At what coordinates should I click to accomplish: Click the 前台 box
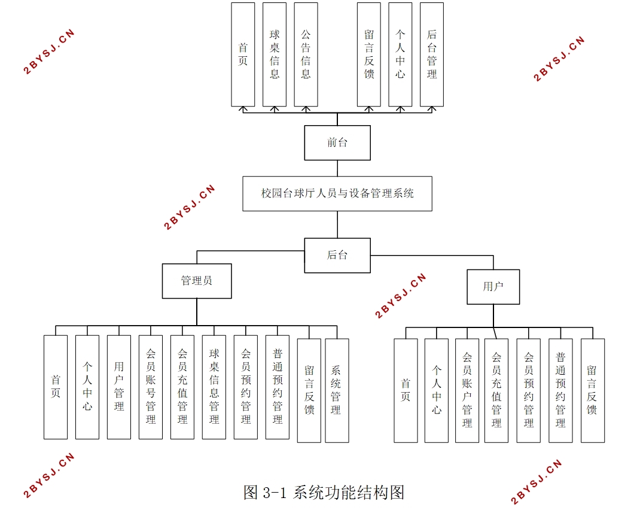click(x=337, y=142)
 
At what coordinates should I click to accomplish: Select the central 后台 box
click(x=337, y=255)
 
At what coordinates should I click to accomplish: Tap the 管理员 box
click(x=197, y=281)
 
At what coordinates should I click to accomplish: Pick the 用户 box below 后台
click(x=493, y=287)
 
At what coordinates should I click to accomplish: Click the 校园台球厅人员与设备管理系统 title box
click(x=337, y=193)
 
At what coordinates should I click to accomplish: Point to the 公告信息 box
click(x=306, y=54)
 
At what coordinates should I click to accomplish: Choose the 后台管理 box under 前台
click(x=432, y=54)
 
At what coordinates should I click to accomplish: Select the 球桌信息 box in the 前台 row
click(x=275, y=54)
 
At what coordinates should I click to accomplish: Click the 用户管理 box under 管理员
click(x=119, y=387)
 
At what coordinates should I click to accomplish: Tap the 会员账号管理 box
click(x=151, y=387)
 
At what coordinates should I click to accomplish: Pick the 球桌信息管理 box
click(x=214, y=387)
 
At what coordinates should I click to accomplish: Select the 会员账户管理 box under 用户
click(x=467, y=390)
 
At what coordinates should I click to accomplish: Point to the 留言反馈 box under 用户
click(x=592, y=390)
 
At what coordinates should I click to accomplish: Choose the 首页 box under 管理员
click(x=56, y=387)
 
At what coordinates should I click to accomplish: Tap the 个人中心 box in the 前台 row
click(x=400, y=54)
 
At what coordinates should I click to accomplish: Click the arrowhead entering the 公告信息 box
click(x=306, y=109)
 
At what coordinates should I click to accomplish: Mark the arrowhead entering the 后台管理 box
click(x=432, y=109)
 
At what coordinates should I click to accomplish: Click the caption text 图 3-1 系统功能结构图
click(x=324, y=493)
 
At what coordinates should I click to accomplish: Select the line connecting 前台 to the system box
click(x=337, y=168)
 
